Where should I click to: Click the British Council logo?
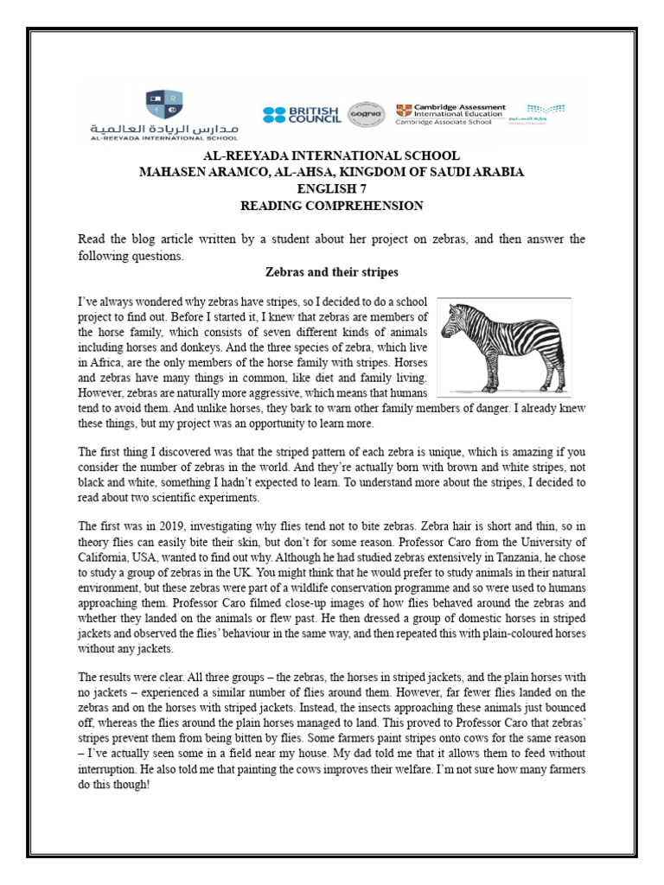(x=302, y=115)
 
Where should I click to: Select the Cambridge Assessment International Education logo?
(x=450, y=114)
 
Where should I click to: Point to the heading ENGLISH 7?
(x=331, y=188)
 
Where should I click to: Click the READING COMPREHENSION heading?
(x=331, y=205)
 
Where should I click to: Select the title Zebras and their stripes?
(x=331, y=273)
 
